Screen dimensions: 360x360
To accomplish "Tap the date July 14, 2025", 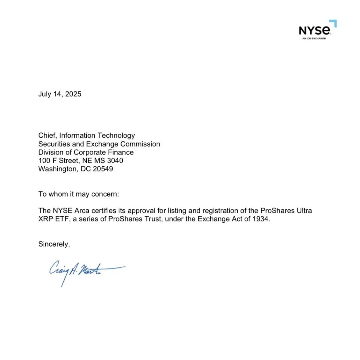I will (x=60, y=94).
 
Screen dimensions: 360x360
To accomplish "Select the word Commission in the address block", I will (x=140, y=144).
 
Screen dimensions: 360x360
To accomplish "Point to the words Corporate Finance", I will (x=104, y=152).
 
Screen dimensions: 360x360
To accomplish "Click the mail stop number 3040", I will (x=115, y=161).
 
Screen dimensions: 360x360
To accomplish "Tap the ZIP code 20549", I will (x=103, y=169).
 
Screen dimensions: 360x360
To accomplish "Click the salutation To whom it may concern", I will (x=79, y=194).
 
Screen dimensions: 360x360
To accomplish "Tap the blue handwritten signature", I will (x=83, y=271).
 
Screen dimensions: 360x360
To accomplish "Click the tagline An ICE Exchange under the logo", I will (x=314, y=39).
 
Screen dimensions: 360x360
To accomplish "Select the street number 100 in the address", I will (x=44, y=161).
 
